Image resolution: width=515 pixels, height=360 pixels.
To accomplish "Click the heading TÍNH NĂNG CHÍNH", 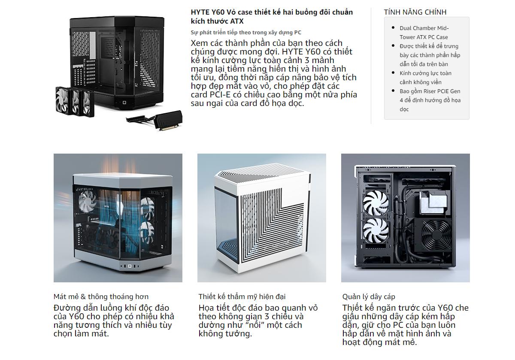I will [415, 12].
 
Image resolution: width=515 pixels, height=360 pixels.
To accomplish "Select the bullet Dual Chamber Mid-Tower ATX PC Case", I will [424, 33].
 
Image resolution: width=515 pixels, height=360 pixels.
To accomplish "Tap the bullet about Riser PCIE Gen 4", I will [430, 100].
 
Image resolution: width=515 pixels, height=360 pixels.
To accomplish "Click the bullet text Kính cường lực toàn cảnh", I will [425, 78].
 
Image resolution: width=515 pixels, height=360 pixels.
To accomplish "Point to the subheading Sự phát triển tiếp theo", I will [246, 33].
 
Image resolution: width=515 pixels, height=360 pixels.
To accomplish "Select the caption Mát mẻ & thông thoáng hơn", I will [101, 296].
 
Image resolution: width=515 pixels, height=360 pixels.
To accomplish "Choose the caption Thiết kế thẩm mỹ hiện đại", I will [242, 296].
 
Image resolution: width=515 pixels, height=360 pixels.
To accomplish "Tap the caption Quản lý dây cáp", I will [369, 296].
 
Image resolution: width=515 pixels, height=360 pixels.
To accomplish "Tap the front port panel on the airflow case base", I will [129, 266].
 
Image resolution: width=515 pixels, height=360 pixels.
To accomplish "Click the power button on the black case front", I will [124, 103].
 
